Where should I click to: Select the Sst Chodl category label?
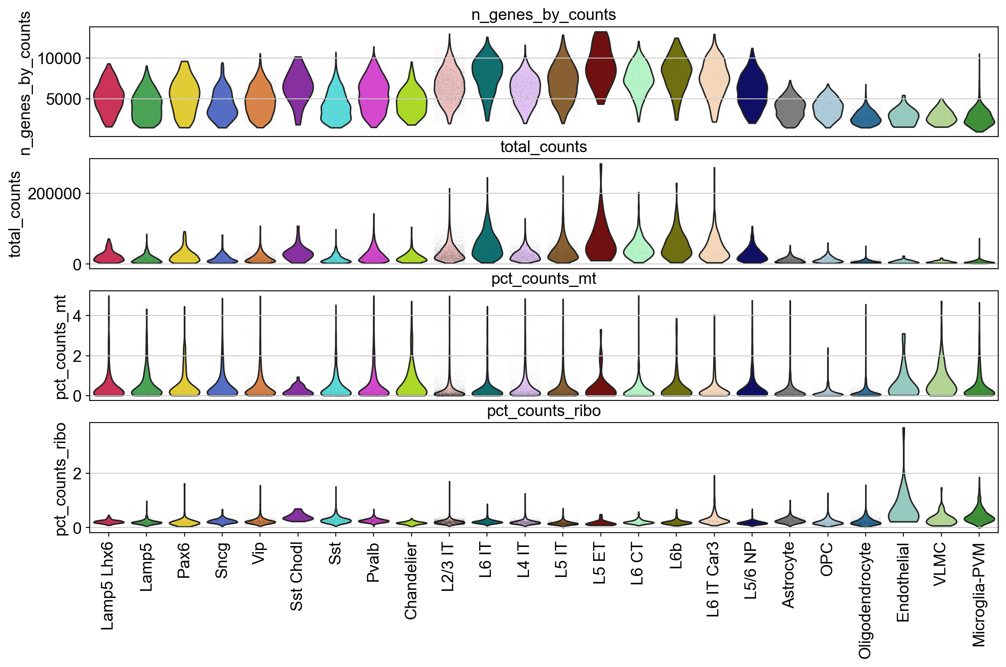point(297,576)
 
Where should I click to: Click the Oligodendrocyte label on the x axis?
point(865,600)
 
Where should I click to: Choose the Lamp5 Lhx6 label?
point(107,586)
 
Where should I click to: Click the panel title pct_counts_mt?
point(543,279)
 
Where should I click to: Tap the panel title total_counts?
point(543,147)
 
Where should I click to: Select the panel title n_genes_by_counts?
point(543,15)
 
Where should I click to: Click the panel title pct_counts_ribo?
point(543,411)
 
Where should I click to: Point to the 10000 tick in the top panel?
point(59,58)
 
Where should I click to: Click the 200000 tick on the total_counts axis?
point(55,194)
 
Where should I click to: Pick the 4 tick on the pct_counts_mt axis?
point(77,316)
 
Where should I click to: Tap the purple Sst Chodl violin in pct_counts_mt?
point(298,389)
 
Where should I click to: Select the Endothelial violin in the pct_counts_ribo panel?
point(903,503)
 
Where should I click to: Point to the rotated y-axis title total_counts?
point(15,214)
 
